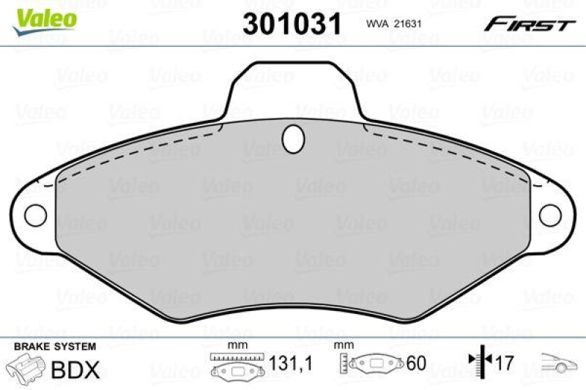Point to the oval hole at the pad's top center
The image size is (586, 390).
(294, 137)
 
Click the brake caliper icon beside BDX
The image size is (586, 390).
(26, 368)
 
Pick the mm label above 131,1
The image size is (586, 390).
(236, 345)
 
